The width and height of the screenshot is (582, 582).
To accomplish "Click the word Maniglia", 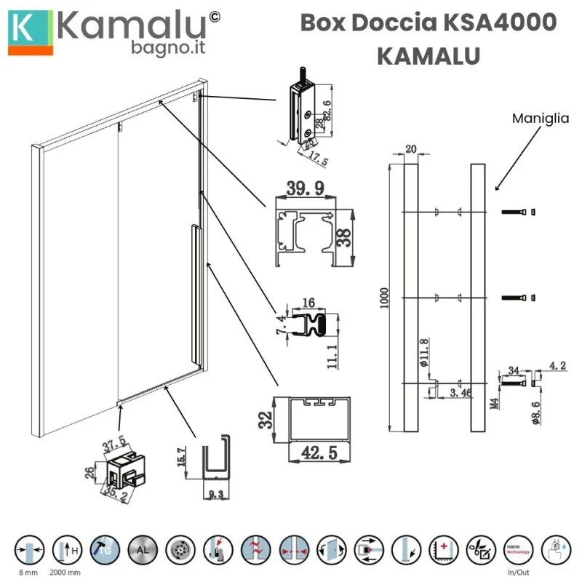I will click(x=540, y=117).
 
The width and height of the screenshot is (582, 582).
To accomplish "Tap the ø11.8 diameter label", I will click(x=423, y=350).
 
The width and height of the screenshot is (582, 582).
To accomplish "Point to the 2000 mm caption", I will click(x=64, y=572).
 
